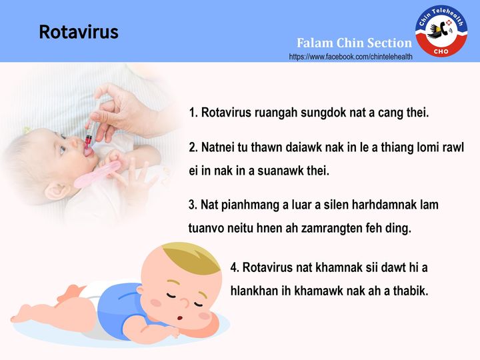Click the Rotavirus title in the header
click(79, 32)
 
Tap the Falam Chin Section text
click(354, 43)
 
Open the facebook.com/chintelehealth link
click(351, 57)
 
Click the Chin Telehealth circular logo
click(441, 31)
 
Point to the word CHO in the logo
click(441, 51)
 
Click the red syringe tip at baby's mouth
click(88, 142)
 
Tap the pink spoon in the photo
click(97, 175)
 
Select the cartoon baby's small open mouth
click(180, 318)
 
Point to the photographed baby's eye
click(63, 149)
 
